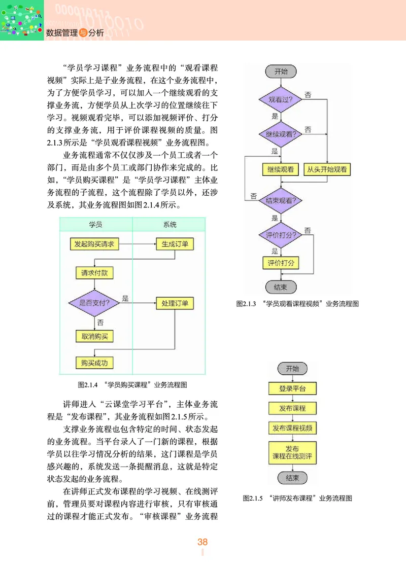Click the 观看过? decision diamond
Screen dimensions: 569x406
pos(280,100)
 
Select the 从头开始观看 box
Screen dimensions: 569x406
pos(327,170)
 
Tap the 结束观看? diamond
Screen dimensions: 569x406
pos(280,200)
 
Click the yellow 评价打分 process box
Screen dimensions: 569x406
pos(280,263)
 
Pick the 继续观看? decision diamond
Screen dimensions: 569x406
pos(280,134)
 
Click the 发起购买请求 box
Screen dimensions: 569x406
pos(93,244)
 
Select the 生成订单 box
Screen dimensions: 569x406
pos(175,244)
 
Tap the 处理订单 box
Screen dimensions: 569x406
pos(175,303)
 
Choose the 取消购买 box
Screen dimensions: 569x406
pos(94,336)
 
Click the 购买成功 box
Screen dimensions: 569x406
pos(94,363)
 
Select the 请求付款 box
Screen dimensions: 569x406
pos(94,273)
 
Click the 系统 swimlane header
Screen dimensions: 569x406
pos(170,225)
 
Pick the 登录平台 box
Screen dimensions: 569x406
pos(292,389)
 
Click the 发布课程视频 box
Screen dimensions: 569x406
pos(292,428)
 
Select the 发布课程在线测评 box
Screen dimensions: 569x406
pos(292,452)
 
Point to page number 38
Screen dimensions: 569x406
pos(202,542)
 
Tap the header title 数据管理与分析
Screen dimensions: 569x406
pos(75,33)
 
